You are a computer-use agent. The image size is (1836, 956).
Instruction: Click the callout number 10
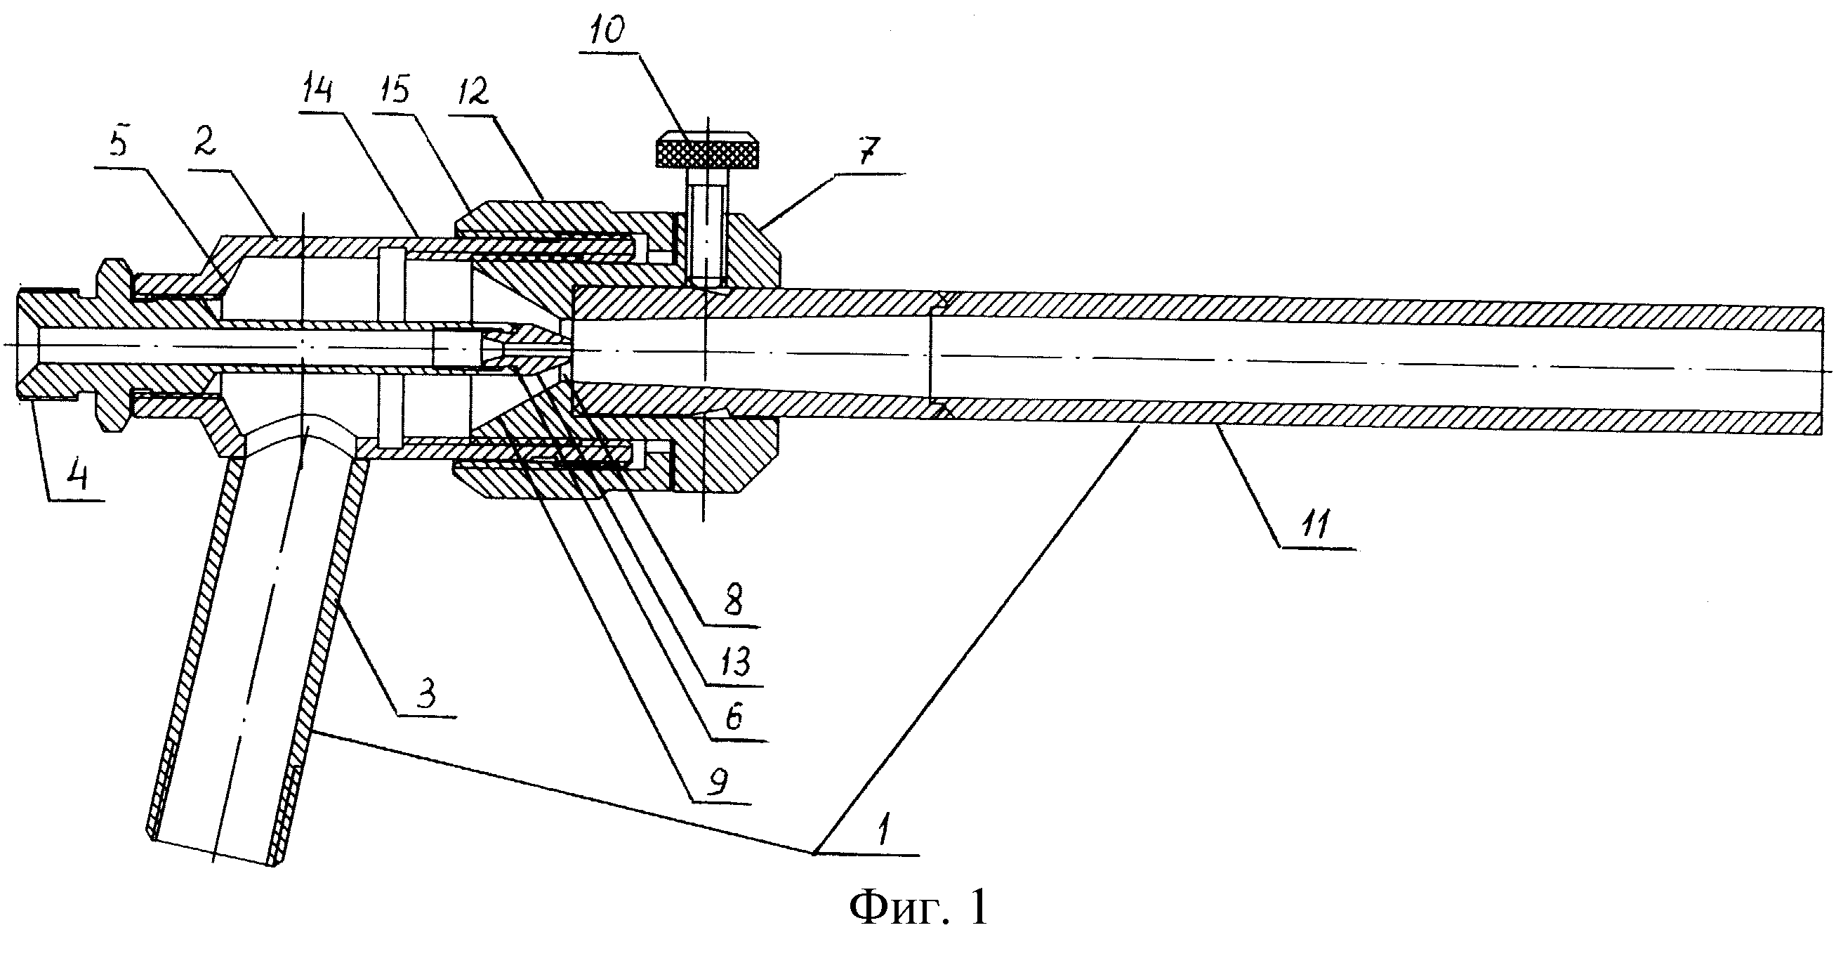(x=608, y=31)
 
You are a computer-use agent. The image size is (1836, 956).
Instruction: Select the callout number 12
(x=469, y=93)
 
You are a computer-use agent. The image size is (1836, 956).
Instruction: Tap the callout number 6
(x=734, y=716)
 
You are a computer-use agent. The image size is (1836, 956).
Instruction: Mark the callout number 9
(x=716, y=782)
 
